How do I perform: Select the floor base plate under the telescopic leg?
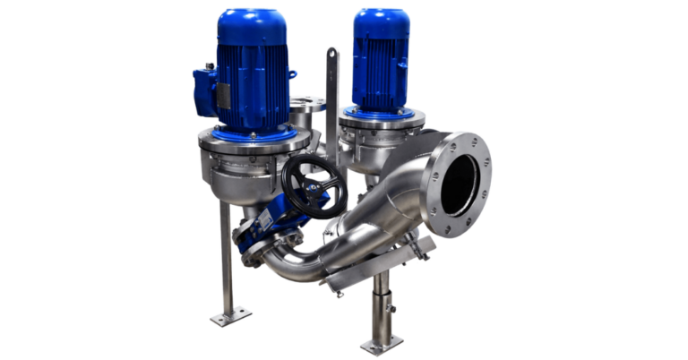click(x=382, y=344)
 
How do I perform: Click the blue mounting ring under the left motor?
click(x=253, y=135)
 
